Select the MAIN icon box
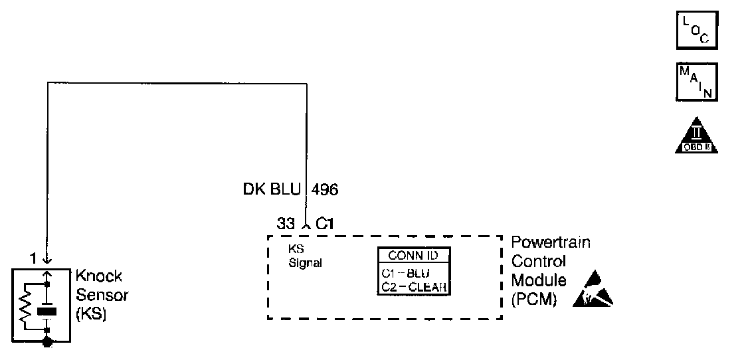tap(696, 82)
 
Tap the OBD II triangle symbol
tap(696, 136)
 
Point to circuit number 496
tap(324, 191)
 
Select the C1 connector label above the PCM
tap(324, 225)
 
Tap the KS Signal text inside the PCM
tap(304, 256)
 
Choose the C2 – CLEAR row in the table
tap(413, 287)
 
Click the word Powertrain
tap(551, 244)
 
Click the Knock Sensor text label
tap(100, 284)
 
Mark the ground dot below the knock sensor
tap(46, 342)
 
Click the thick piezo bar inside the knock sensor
tap(46, 310)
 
